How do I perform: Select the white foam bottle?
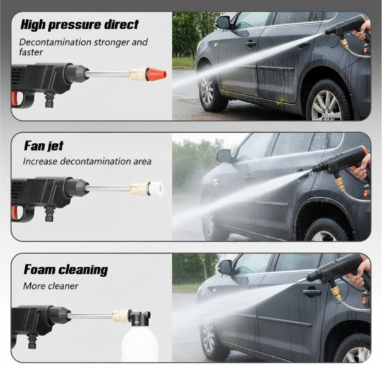pyautogui.click(x=140, y=344)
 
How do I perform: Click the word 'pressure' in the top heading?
pyautogui.click(x=74, y=25)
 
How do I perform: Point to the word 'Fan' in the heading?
pyautogui.click(x=33, y=146)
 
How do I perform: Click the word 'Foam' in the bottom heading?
pyautogui.click(x=40, y=269)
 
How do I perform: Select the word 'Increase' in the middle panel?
pyautogui.click(x=40, y=161)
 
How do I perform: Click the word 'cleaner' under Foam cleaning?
pyautogui.click(x=64, y=286)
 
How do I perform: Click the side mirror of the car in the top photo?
pyautogui.click(x=223, y=23)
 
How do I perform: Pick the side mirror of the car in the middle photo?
pyautogui.click(x=223, y=155)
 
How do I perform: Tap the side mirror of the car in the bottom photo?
pyautogui.click(x=225, y=267)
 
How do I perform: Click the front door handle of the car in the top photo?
pyautogui.click(x=251, y=44)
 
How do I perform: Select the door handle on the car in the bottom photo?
pyautogui.click(x=312, y=293)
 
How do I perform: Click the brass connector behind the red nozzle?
pyautogui.click(x=138, y=74)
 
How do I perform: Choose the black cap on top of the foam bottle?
pyautogui.click(x=141, y=318)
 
